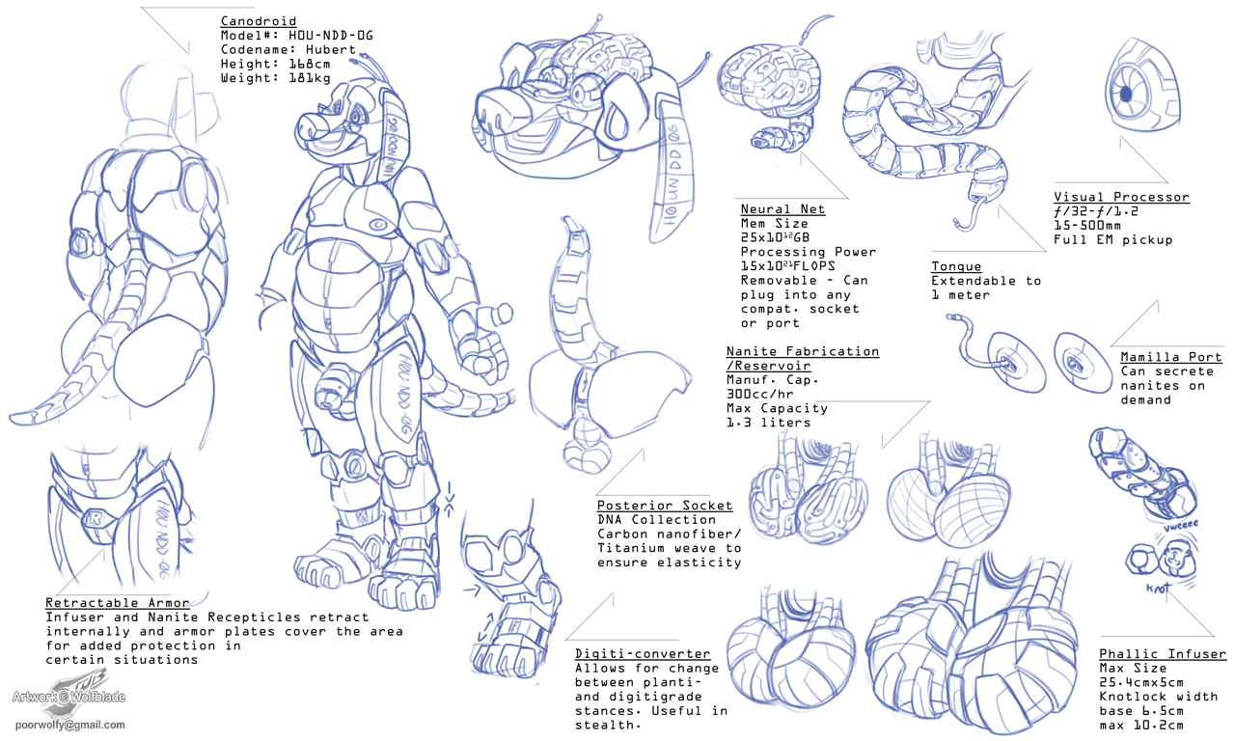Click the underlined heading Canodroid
pyautogui.click(x=258, y=21)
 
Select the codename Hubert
pyautogui.click(x=331, y=49)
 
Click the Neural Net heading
pyautogui.click(x=782, y=209)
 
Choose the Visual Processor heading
pyautogui.click(x=1121, y=197)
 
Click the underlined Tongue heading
pyautogui.click(x=956, y=267)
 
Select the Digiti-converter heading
pyautogui.click(x=643, y=654)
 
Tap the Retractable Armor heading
pyautogui.click(x=117, y=603)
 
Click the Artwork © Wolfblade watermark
pyautogui.click(x=69, y=697)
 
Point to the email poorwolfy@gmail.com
pyautogui.click(x=70, y=725)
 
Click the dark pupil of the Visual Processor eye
pyautogui.click(x=1126, y=95)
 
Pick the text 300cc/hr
pyautogui.click(x=759, y=395)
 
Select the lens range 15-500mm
pyautogui.click(x=1086, y=226)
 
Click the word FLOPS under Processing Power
pyautogui.click(x=813, y=266)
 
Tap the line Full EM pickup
pyautogui.click(x=1112, y=240)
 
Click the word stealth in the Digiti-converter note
pyautogui.click(x=605, y=725)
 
